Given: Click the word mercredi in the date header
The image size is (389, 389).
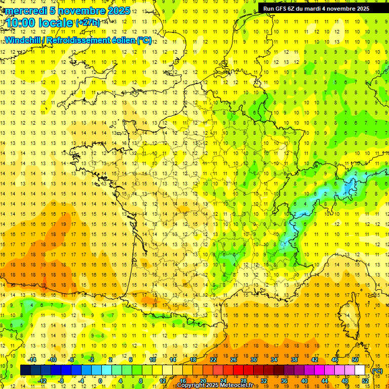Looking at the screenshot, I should (27, 11).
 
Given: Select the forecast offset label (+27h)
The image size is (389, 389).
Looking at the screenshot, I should (88, 23).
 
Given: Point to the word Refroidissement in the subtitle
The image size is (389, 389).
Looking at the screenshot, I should (87, 40).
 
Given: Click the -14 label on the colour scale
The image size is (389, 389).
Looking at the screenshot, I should (32, 360).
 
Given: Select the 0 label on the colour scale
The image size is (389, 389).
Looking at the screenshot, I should (100, 381).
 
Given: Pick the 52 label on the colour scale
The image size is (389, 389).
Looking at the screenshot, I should (365, 381).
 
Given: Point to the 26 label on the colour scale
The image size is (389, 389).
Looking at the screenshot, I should (234, 360).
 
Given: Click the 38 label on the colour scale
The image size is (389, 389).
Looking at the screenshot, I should (294, 360).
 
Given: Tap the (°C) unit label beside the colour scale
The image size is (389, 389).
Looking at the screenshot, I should (377, 371).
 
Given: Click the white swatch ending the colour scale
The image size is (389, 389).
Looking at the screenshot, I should (360, 370).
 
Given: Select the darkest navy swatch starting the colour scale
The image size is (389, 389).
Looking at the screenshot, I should (25, 370).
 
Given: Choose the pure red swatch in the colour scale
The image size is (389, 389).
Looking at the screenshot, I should (238, 370).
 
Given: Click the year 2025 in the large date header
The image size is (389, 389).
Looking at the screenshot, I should (119, 11).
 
